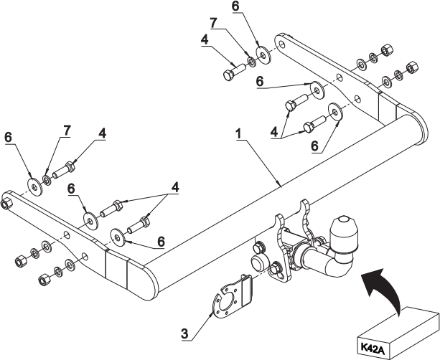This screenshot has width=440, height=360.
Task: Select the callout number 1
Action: click(x=238, y=134)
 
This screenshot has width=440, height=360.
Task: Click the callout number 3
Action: click(x=184, y=334)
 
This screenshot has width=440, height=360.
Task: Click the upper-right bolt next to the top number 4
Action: click(x=233, y=72)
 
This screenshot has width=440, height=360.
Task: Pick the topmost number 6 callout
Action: click(x=235, y=6)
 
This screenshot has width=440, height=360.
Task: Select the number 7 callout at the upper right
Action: click(x=214, y=24)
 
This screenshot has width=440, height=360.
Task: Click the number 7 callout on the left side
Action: click(x=67, y=131)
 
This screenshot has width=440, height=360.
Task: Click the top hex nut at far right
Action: click(x=387, y=49)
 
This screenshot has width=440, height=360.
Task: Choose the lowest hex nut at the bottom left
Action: click(x=44, y=279)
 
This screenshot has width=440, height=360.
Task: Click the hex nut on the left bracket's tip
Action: click(x=6, y=203)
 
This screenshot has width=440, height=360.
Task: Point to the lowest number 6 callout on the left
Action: click(x=161, y=242)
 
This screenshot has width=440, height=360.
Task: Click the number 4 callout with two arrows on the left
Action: click(x=175, y=187)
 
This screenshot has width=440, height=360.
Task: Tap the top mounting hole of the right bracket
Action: click(x=281, y=44)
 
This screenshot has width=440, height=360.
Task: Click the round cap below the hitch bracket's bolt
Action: click(x=258, y=262)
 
